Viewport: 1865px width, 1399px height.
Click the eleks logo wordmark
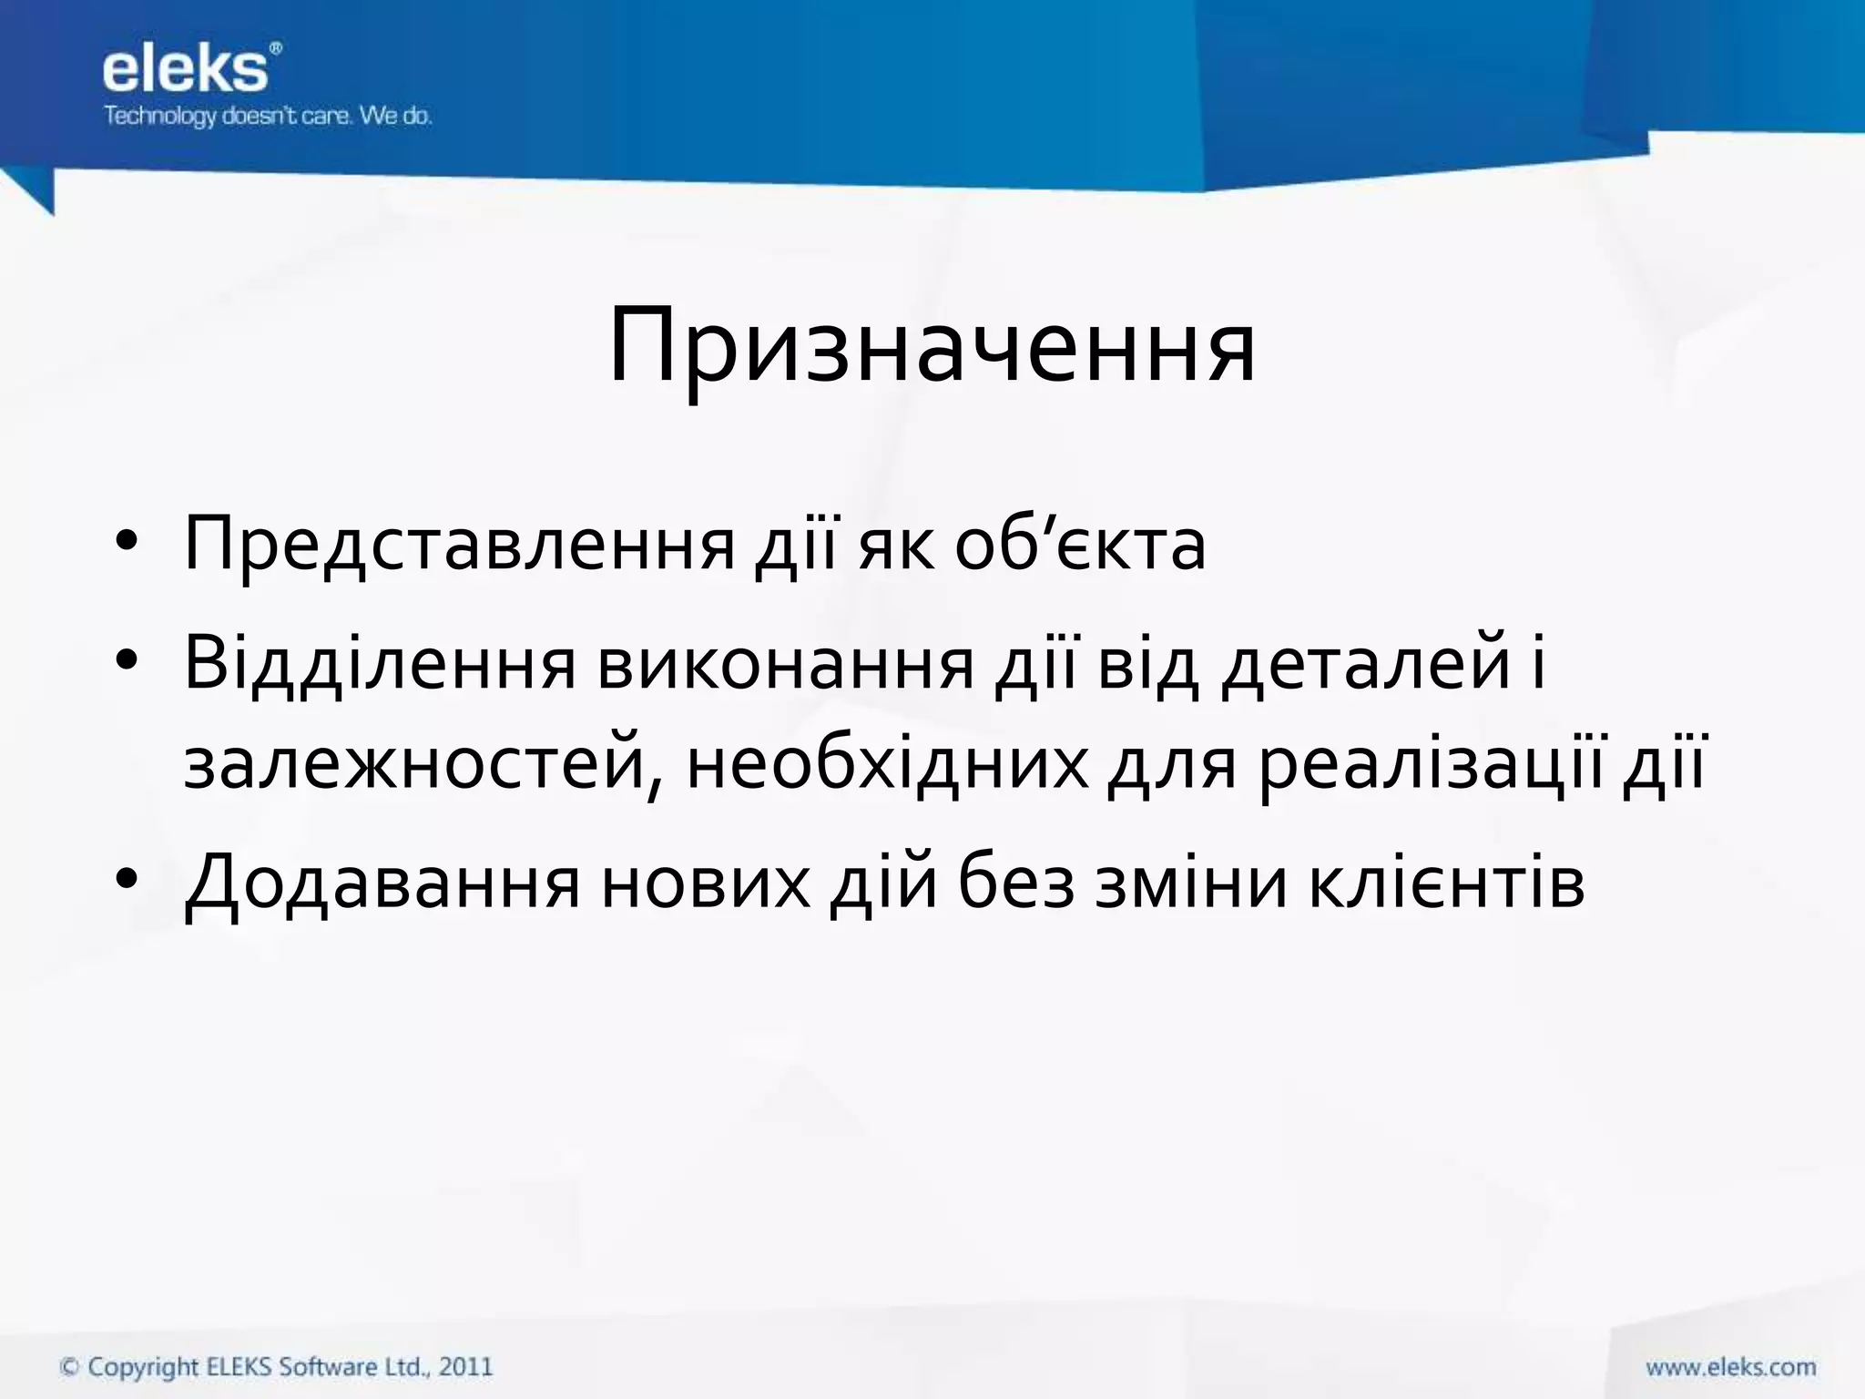[x=185, y=70]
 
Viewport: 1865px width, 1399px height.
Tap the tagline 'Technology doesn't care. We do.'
[x=268, y=117]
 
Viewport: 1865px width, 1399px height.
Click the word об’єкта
[x=1080, y=545]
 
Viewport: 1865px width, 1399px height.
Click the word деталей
[x=1366, y=663]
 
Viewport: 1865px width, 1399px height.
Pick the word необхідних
[x=887, y=764]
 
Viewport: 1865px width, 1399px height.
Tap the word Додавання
[x=382, y=882]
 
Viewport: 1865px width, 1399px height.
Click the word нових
[x=705, y=882]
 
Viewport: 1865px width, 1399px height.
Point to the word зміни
[x=1191, y=882]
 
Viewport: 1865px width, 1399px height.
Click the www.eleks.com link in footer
[x=1730, y=1367]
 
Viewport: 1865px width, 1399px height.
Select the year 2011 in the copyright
[x=465, y=1367]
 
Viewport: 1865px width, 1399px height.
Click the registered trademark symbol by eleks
[x=276, y=47]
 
